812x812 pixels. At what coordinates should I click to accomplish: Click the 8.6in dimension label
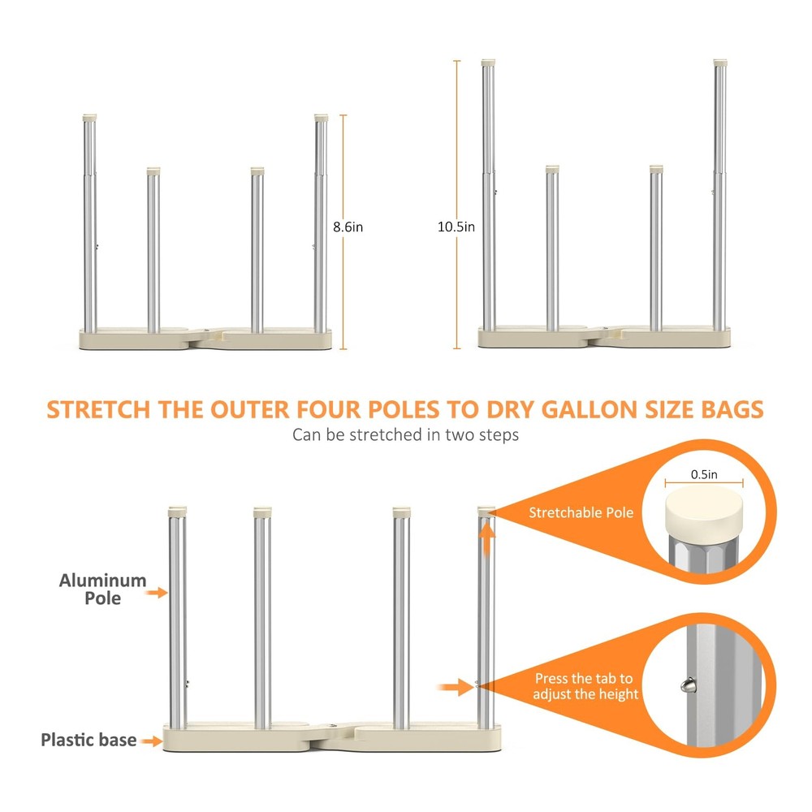click(x=348, y=227)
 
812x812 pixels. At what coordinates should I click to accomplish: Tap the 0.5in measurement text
click(x=704, y=473)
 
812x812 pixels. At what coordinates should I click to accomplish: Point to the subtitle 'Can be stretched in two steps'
click(x=405, y=434)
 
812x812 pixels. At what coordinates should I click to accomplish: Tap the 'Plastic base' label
click(x=89, y=740)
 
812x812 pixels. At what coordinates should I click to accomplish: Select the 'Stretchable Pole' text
click(x=581, y=512)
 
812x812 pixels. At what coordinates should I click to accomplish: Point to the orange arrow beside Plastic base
click(x=149, y=740)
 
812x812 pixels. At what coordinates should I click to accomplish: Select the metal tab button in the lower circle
click(x=687, y=685)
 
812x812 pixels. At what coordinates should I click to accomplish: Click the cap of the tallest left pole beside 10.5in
click(x=488, y=62)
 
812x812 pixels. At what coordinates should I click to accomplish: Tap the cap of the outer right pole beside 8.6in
click(x=321, y=117)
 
